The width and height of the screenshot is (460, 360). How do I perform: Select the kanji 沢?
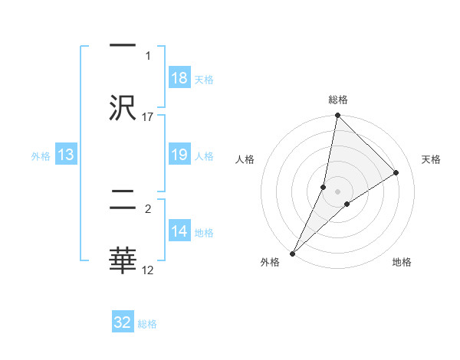123,107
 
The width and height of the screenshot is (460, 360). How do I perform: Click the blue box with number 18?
179,78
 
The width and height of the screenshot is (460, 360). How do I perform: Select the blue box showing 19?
179,155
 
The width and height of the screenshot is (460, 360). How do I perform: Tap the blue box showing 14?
179,232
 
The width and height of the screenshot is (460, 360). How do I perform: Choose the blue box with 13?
66,155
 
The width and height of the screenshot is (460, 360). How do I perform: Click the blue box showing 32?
123,323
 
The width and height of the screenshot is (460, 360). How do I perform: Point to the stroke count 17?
148,116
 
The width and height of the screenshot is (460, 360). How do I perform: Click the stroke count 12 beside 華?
148,270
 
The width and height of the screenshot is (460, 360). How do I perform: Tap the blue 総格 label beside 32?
147,324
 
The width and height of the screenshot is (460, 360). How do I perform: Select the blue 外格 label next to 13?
41,156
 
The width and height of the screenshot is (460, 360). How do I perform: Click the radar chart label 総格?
338,100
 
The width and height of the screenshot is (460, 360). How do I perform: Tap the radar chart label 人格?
245,159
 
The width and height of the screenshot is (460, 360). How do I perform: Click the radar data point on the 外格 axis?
293,253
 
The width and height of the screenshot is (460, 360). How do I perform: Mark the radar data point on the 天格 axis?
396,172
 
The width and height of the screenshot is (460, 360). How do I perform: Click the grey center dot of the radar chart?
338,191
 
